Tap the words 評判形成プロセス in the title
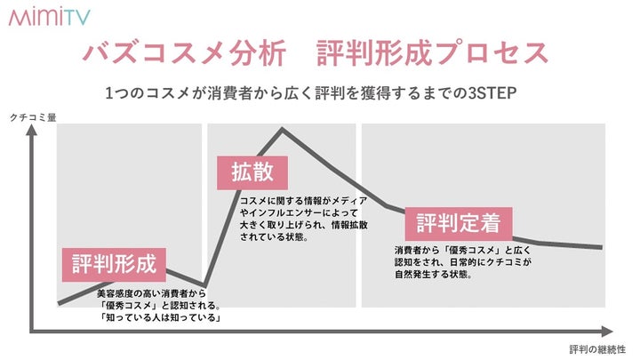click(x=432, y=52)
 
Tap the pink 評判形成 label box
click(x=114, y=264)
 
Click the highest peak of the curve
click(x=283, y=130)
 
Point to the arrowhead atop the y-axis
click(x=33, y=131)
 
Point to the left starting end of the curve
click(x=60, y=303)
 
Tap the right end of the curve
click(x=602, y=247)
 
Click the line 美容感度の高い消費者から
click(x=153, y=292)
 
